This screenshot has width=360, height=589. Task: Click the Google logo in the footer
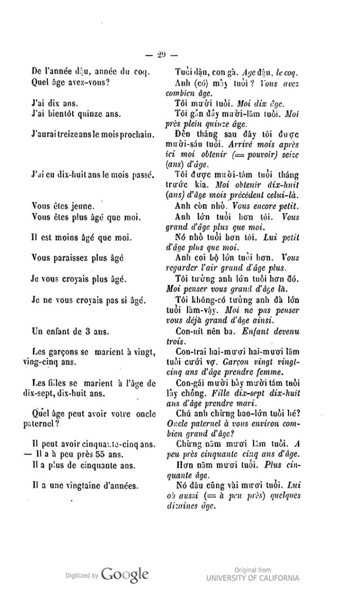(x=125, y=574)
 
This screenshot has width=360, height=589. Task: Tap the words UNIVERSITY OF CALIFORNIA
(x=253, y=578)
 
